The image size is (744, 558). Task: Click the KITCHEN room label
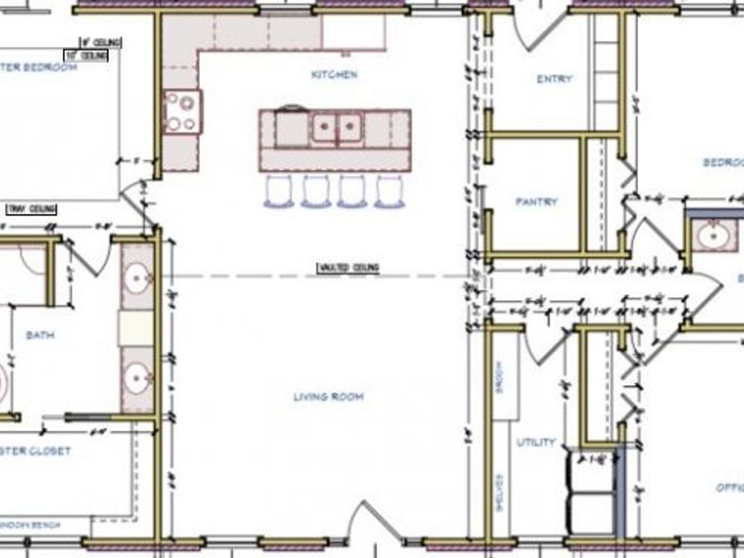334,74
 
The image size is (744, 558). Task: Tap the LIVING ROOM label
328,397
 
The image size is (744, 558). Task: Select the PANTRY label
537,201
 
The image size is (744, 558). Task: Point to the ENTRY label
554,79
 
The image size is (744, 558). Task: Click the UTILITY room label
536,442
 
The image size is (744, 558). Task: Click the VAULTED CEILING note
348,268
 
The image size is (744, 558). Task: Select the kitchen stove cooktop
182,112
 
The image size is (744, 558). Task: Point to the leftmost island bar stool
279,190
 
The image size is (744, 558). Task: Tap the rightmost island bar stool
389,190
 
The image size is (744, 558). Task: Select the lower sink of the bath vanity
136,380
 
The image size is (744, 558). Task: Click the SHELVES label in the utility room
499,494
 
